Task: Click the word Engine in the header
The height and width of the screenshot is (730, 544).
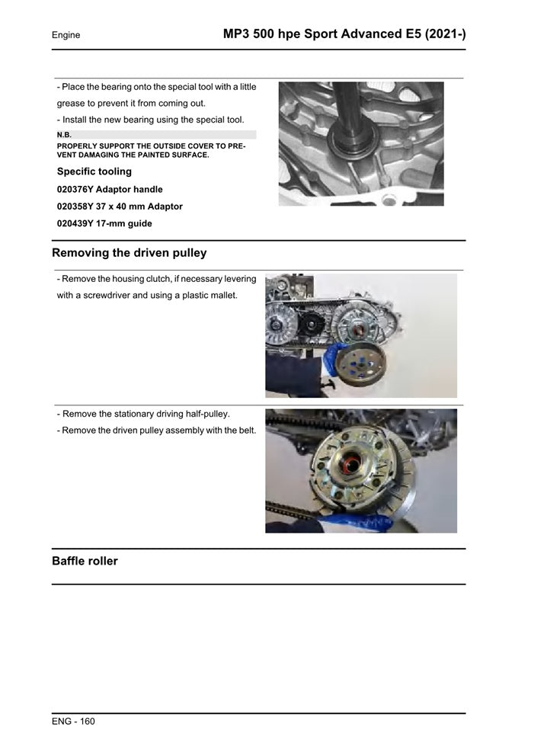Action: (x=66, y=35)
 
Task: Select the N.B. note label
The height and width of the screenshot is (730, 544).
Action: (x=64, y=135)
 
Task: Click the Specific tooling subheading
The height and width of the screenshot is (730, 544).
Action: (x=94, y=171)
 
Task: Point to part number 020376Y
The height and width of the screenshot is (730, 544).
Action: (x=75, y=189)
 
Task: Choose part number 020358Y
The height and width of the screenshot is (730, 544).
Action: (x=75, y=207)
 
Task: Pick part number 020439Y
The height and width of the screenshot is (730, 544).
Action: (x=75, y=224)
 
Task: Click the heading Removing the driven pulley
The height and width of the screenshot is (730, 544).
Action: (x=129, y=253)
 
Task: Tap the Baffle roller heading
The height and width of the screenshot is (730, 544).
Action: (x=85, y=562)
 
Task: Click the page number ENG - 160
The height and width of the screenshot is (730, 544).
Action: (x=73, y=721)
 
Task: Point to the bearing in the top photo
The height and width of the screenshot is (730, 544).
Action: (x=351, y=140)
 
